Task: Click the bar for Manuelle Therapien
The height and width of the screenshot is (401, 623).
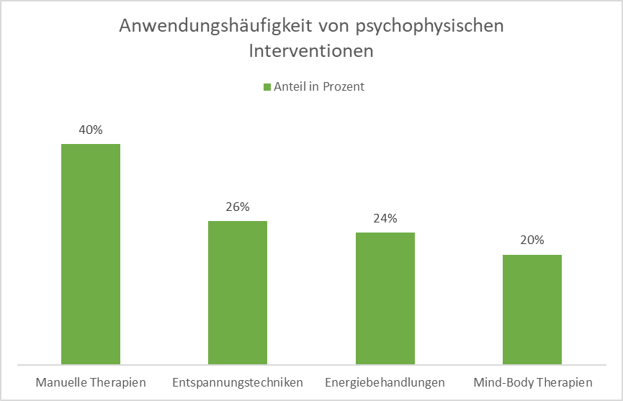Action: (x=91, y=254)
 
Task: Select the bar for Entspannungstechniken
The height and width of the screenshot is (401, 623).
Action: (x=238, y=292)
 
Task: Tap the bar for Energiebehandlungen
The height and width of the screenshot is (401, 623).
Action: (x=385, y=298)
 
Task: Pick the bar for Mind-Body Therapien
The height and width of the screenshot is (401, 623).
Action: (x=532, y=310)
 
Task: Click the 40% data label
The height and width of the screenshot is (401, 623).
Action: (x=91, y=130)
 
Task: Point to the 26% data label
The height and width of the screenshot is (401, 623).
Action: (x=238, y=207)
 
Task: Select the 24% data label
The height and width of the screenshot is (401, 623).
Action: (x=385, y=219)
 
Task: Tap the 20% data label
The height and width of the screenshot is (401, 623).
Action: (x=532, y=240)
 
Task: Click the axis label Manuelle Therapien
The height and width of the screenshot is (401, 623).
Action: (x=91, y=382)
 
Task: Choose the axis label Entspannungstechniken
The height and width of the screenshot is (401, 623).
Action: (x=238, y=382)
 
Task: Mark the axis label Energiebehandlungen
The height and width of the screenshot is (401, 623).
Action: (x=385, y=382)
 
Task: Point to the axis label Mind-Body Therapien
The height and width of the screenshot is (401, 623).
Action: (x=532, y=382)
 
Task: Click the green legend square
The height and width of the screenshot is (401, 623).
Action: (x=266, y=87)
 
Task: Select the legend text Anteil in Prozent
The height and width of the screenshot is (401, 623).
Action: (x=319, y=87)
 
